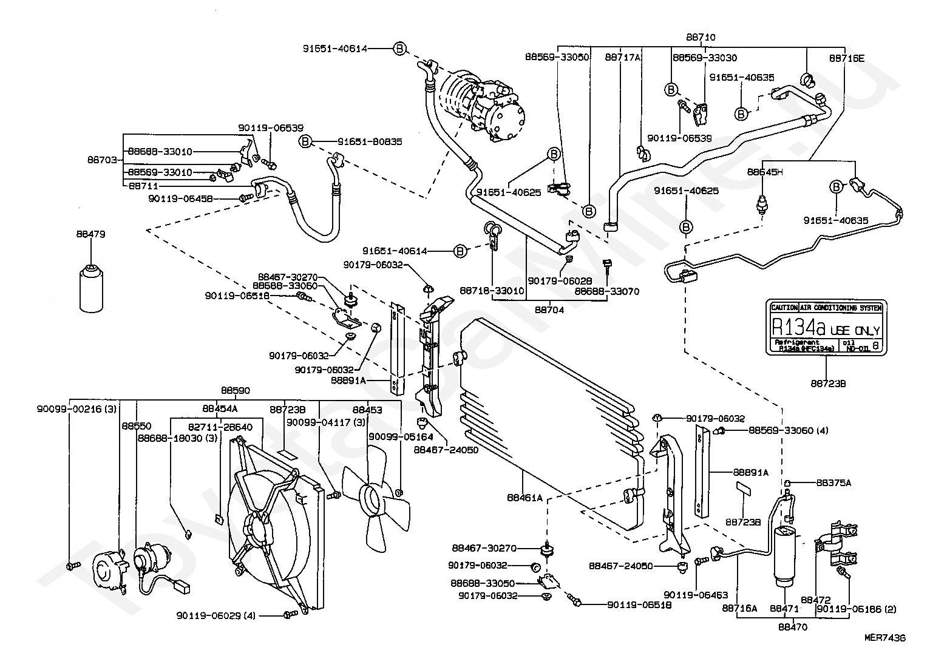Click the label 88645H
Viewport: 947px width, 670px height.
point(765,172)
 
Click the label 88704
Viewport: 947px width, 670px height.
point(549,309)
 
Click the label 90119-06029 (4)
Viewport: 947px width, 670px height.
point(217,616)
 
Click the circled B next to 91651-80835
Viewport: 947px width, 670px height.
point(306,141)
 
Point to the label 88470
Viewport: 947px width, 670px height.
point(792,627)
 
